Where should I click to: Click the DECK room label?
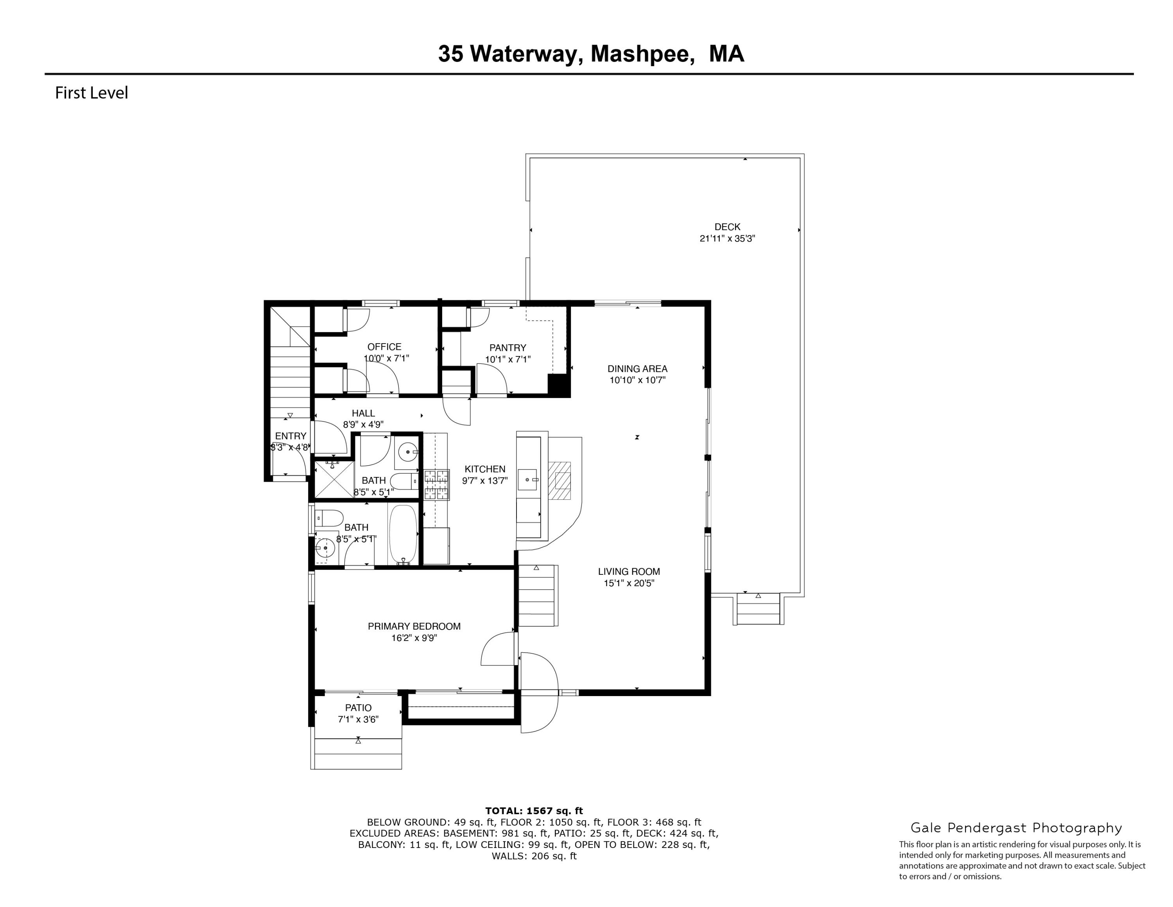point(727,227)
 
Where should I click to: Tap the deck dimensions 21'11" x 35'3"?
point(727,239)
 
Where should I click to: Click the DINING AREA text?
point(637,369)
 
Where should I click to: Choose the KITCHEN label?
point(484,469)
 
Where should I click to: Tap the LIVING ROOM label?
point(629,572)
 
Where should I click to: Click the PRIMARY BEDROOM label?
point(414,626)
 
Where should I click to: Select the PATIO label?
point(358,708)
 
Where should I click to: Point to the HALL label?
point(363,413)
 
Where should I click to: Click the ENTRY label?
point(291,436)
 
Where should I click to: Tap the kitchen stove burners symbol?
point(436,485)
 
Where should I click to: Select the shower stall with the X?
point(334,479)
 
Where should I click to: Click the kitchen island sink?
point(529,478)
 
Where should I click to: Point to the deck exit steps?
point(758,609)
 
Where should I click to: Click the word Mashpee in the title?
point(640,54)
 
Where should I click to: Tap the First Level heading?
point(91,93)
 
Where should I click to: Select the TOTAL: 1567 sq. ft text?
point(533,811)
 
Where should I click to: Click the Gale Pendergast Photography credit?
point(1016,828)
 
